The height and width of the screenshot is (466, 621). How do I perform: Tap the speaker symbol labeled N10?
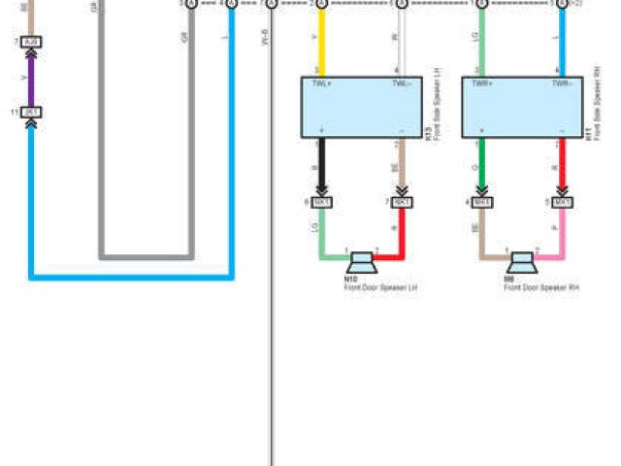coord(363,260)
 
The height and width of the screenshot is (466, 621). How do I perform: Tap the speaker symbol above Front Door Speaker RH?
coord(522,260)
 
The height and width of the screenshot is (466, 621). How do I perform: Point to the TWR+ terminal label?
coord(482,84)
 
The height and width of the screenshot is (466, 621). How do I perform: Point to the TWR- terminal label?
coord(561,84)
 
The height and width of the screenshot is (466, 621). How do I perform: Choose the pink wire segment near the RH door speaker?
coord(558,238)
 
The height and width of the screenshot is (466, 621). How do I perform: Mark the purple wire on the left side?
coord(31,78)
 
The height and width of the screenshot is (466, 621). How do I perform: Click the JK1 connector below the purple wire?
coord(31,113)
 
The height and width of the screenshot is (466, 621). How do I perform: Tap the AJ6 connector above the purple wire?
coord(31,43)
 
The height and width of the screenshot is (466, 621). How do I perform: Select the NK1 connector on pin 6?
coord(322,202)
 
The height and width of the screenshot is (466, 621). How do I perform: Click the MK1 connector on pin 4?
coord(481,202)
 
